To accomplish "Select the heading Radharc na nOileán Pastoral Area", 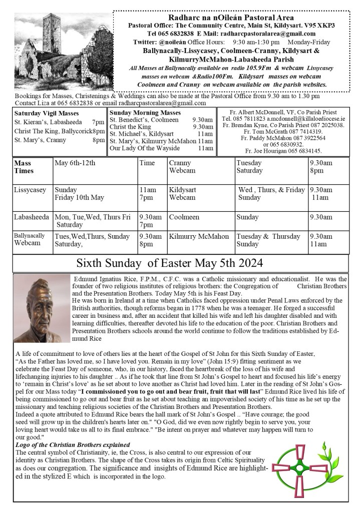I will [x=231, y=17].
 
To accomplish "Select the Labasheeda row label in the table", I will [x=32, y=217].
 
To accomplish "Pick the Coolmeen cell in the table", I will [x=184, y=217].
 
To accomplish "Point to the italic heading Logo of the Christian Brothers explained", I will [x=73, y=445].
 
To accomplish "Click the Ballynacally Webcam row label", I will [x=29, y=239].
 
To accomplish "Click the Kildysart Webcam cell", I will [x=183, y=194].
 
